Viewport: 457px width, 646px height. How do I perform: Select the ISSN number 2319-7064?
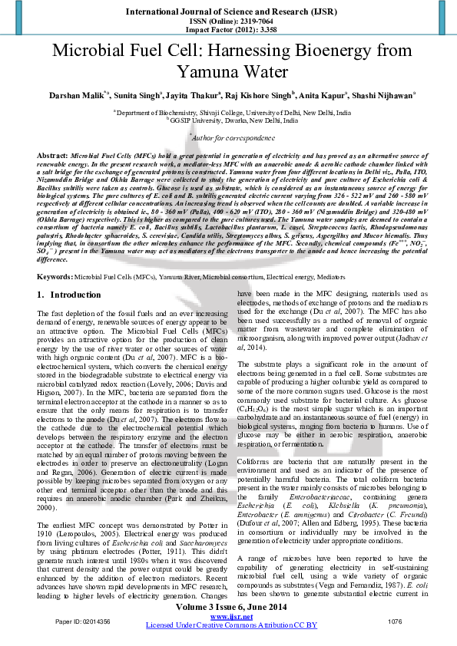pyautogui.click(x=246, y=22)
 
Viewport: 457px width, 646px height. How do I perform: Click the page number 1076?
pyautogui.click(x=396, y=621)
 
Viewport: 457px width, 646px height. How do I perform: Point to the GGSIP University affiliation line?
pyautogui.click(x=228, y=120)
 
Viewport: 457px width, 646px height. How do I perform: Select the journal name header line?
pyautogui.click(x=228, y=12)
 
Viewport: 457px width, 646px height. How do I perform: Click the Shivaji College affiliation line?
pyautogui.click(x=228, y=112)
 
